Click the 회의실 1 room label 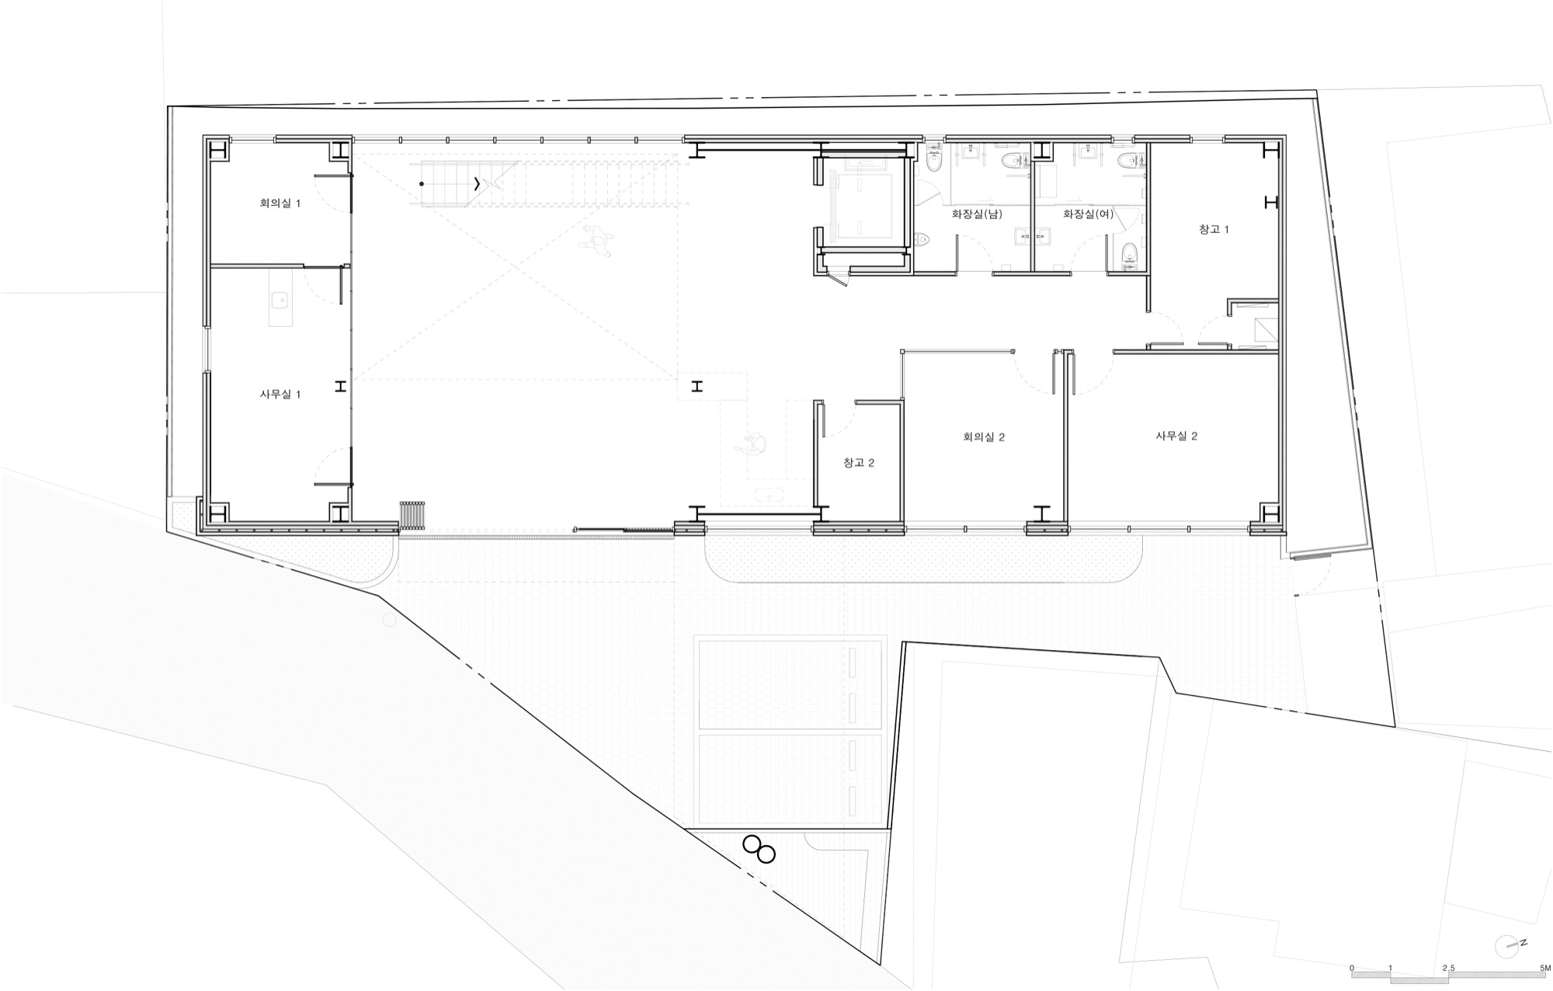(280, 203)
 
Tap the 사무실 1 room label (280, 395)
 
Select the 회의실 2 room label (984, 437)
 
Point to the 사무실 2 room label (1176, 436)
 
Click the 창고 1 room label (1214, 230)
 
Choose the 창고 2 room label (859, 463)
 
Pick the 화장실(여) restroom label (1088, 214)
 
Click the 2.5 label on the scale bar (1448, 968)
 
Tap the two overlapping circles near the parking (759, 849)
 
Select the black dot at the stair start (422, 184)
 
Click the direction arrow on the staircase (477, 184)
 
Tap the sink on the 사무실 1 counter (280, 297)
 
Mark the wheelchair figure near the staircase (597, 240)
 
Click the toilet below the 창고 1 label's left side (1130, 252)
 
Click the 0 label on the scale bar (1352, 968)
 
